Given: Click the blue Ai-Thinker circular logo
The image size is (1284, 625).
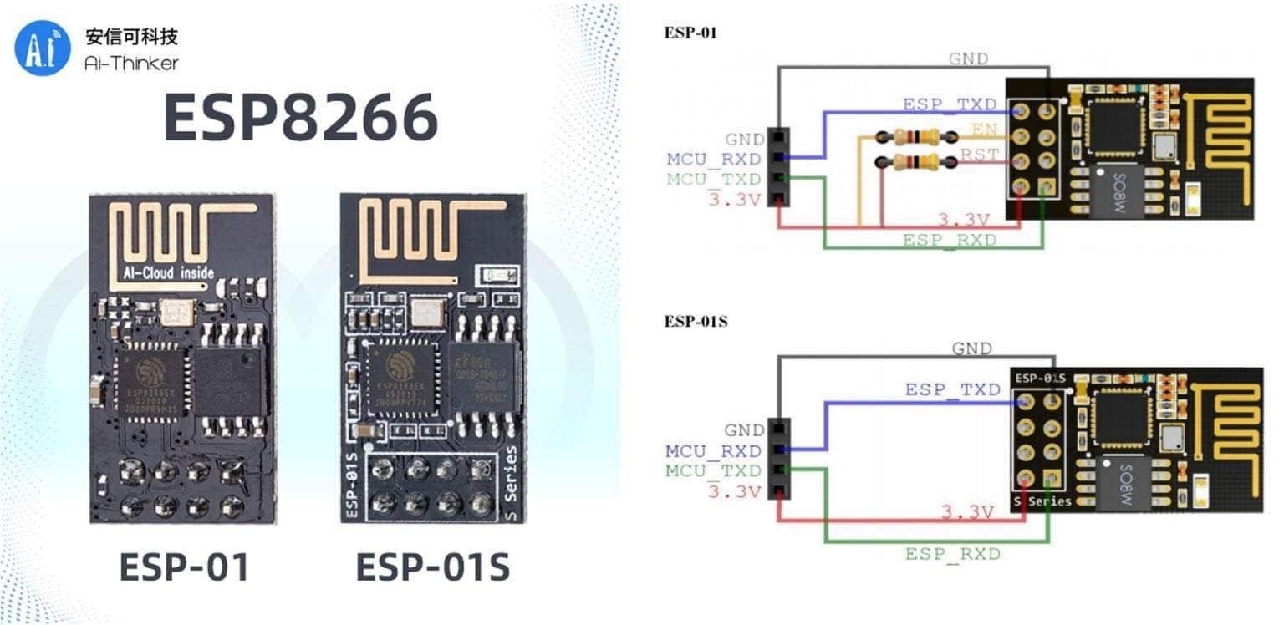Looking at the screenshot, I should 43,48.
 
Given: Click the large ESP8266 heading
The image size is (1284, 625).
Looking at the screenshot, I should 300,117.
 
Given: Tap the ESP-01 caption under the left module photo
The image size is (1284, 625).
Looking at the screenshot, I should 185,567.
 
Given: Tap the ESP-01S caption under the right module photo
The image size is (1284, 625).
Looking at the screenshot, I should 432,567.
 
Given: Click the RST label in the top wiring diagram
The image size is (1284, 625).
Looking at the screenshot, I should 978,155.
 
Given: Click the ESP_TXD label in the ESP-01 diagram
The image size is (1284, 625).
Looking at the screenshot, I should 949,105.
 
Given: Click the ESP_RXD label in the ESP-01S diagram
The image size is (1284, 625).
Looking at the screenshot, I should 952,554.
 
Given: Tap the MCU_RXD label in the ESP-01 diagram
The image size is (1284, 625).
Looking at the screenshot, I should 713,159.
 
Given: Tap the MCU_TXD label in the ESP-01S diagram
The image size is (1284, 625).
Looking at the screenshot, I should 713,471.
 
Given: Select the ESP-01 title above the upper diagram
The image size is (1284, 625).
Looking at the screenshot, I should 690,33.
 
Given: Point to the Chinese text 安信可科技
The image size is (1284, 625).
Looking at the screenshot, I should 131,37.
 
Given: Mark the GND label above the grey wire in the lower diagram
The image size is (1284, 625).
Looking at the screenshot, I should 971,348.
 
